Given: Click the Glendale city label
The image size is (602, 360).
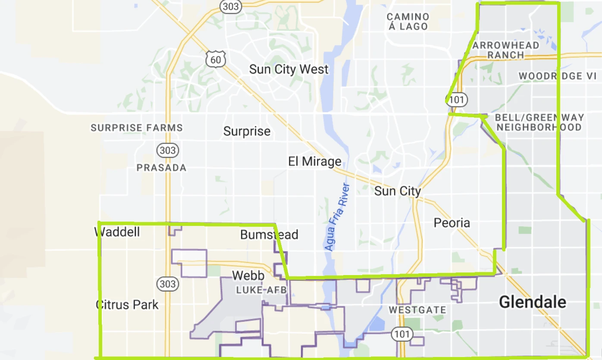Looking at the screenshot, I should [x=533, y=302].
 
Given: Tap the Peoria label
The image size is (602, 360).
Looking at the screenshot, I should [x=451, y=223].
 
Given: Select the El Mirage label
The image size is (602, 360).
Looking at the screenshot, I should [x=315, y=162].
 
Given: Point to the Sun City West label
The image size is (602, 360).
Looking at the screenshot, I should [x=289, y=69].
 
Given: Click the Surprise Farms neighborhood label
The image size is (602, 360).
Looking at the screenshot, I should [x=137, y=128].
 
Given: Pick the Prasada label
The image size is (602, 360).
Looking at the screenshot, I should [x=161, y=168].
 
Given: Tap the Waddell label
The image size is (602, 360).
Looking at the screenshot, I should [x=117, y=232].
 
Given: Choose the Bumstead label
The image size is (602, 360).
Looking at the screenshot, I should [x=269, y=235].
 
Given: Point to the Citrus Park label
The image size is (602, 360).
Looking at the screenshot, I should [x=127, y=305].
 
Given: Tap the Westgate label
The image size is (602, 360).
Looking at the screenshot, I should [x=417, y=310].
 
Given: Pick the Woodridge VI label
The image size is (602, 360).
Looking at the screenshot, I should [x=557, y=76].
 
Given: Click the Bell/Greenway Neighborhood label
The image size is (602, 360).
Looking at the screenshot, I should [x=539, y=122].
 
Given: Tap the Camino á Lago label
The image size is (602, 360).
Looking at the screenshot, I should [x=408, y=22].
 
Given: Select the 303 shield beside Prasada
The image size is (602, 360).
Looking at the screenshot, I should [x=168, y=150].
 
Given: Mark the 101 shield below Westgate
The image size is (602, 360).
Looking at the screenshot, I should [x=402, y=334].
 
